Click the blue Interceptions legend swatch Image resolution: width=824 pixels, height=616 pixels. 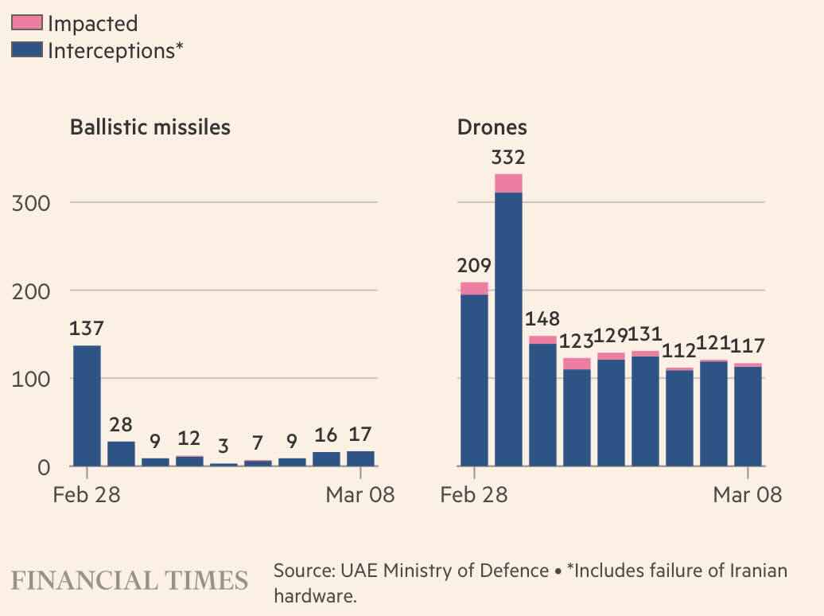click(27, 50)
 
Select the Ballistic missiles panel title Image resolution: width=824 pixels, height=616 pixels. click(150, 127)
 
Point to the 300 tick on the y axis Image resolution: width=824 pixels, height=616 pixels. click(31, 203)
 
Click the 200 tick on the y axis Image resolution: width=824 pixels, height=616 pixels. click(31, 291)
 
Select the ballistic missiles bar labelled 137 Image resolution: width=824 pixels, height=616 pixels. click(87, 406)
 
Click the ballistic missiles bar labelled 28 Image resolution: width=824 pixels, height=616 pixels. click(121, 454)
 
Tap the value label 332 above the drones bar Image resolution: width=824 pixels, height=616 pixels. click(507, 158)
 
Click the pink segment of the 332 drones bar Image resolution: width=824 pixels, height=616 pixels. click(508, 183)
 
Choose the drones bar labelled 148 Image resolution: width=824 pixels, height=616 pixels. click(542, 402)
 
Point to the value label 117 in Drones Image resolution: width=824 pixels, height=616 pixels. click(748, 346)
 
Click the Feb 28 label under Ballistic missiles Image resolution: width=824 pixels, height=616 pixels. click(87, 494)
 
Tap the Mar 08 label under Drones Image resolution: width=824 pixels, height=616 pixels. click(748, 494)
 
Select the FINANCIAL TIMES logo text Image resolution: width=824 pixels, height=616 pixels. click(130, 579)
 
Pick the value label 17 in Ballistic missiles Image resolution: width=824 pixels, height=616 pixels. click(360, 435)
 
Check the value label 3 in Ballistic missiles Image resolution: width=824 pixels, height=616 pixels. click(223, 443)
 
